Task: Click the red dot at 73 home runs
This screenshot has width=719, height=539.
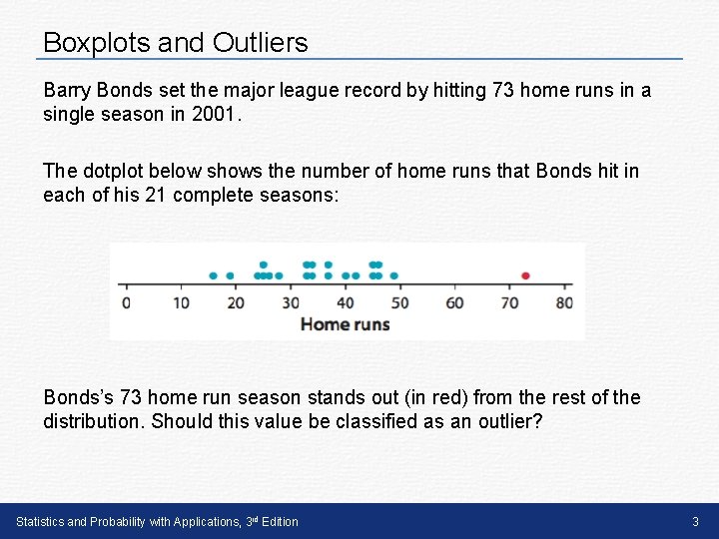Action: coord(525,275)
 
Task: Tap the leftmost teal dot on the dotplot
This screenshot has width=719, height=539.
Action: coord(213,275)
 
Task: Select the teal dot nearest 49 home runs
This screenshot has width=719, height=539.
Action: coord(394,275)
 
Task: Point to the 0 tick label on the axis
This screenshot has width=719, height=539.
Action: coord(125,302)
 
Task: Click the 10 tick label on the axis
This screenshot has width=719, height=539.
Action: coord(181,302)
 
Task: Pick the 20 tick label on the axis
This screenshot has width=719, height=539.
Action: coord(236,302)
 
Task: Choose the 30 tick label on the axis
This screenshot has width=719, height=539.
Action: coord(291,302)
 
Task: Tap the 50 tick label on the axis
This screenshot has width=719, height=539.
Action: coord(399,302)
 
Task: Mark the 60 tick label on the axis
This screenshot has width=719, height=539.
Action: coord(454,302)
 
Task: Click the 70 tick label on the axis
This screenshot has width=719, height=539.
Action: coord(509,302)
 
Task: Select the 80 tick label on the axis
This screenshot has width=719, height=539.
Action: coord(564,302)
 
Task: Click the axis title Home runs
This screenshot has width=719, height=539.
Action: coord(345,323)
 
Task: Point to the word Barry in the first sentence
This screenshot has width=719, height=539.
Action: coord(65,91)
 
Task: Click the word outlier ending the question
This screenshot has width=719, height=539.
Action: coord(505,421)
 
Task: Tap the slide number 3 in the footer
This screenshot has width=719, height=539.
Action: coord(695,521)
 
